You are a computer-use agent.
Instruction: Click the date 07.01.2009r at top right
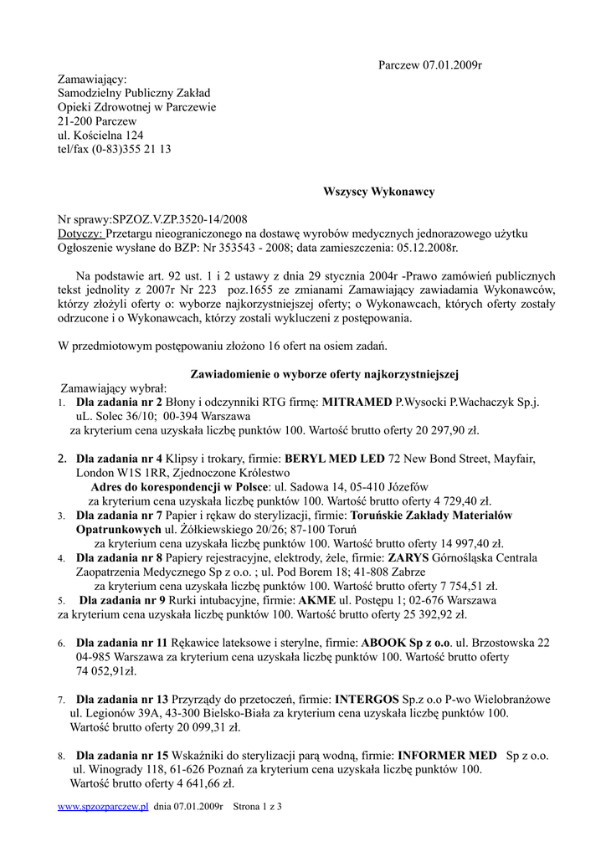coord(453,64)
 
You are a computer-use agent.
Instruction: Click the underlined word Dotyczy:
coord(80,233)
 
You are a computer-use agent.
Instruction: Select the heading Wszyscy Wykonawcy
coord(378,192)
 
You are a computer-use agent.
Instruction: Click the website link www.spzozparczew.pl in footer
coord(103,807)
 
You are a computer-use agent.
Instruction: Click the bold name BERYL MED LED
coord(335,459)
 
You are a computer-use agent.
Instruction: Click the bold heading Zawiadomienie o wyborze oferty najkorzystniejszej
coord(325,374)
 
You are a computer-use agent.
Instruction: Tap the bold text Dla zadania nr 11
coord(122,643)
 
